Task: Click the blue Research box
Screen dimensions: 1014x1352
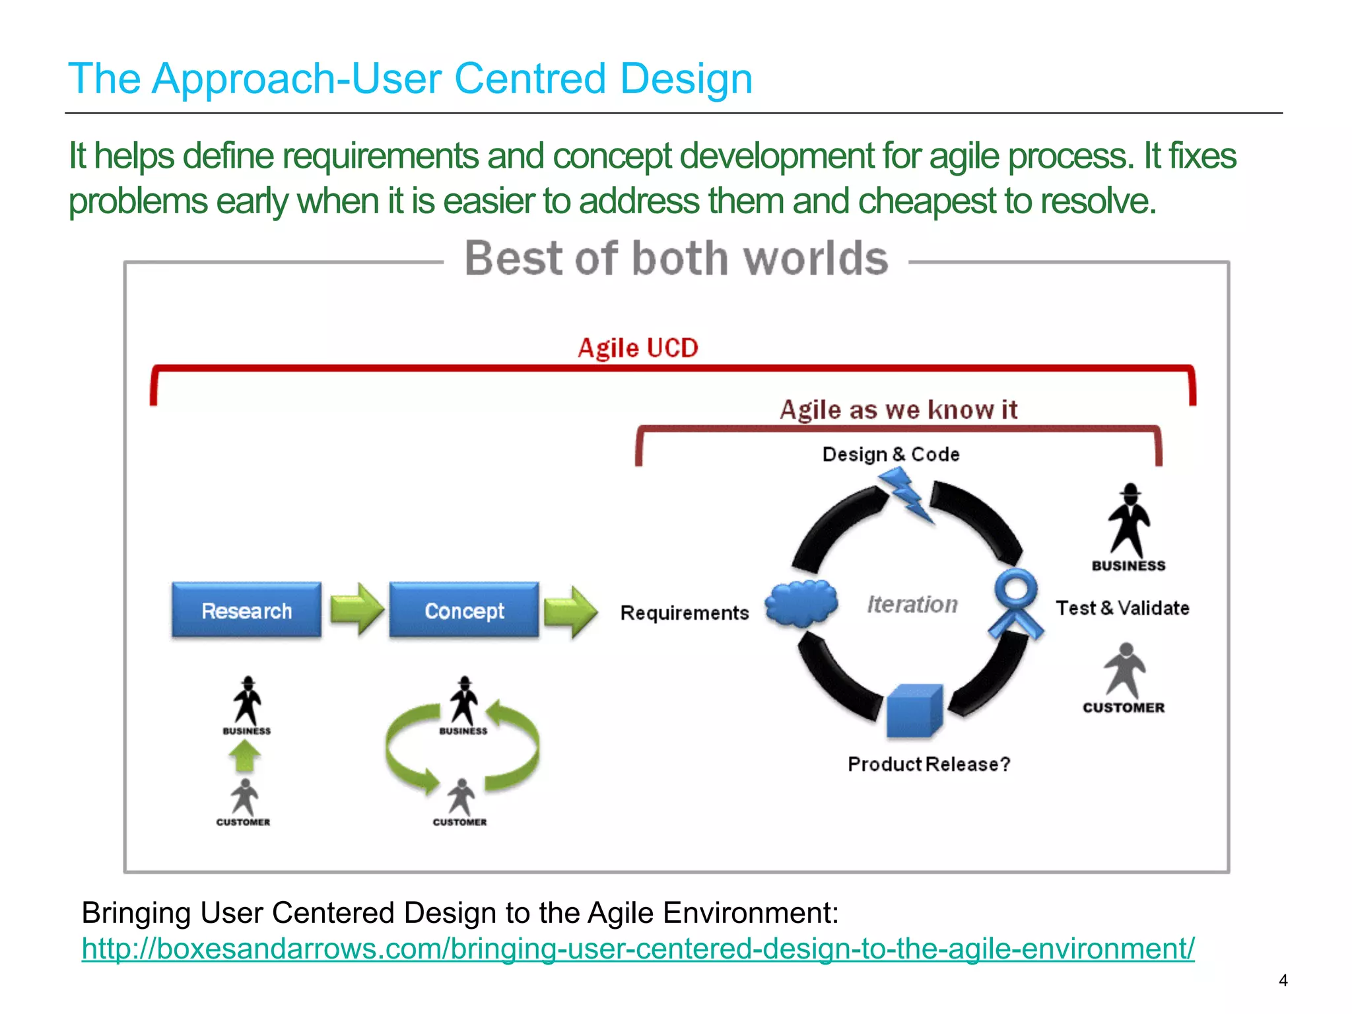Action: pyautogui.click(x=246, y=611)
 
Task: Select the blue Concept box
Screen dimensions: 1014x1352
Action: pyautogui.click(x=464, y=611)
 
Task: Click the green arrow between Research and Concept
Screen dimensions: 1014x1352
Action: pyautogui.click(x=356, y=609)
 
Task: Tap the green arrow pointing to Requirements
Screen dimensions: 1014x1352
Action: pyautogui.click(x=571, y=611)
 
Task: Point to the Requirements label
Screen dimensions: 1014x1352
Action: pyautogui.click(x=685, y=613)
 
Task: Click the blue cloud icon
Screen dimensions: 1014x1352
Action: pyautogui.click(x=801, y=603)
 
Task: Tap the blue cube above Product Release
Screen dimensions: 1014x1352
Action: pyautogui.click(x=914, y=712)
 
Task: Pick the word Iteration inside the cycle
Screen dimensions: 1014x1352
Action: pyautogui.click(x=912, y=604)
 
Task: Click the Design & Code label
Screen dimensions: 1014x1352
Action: pyautogui.click(x=891, y=454)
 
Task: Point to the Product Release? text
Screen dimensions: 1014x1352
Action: pyautogui.click(x=929, y=764)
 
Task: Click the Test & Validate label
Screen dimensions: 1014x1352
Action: pyautogui.click(x=1122, y=608)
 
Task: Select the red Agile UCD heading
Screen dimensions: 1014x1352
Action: pyautogui.click(x=638, y=348)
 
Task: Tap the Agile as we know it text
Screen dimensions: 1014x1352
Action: pyautogui.click(x=898, y=410)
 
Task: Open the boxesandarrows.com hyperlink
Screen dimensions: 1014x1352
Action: pyautogui.click(x=638, y=949)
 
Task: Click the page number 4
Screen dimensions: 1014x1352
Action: pyautogui.click(x=1283, y=980)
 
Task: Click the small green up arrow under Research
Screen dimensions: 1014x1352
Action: pyautogui.click(x=245, y=756)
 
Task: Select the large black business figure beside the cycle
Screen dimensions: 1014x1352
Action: pyautogui.click(x=1130, y=522)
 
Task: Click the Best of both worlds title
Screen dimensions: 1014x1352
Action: pyautogui.click(x=676, y=258)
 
